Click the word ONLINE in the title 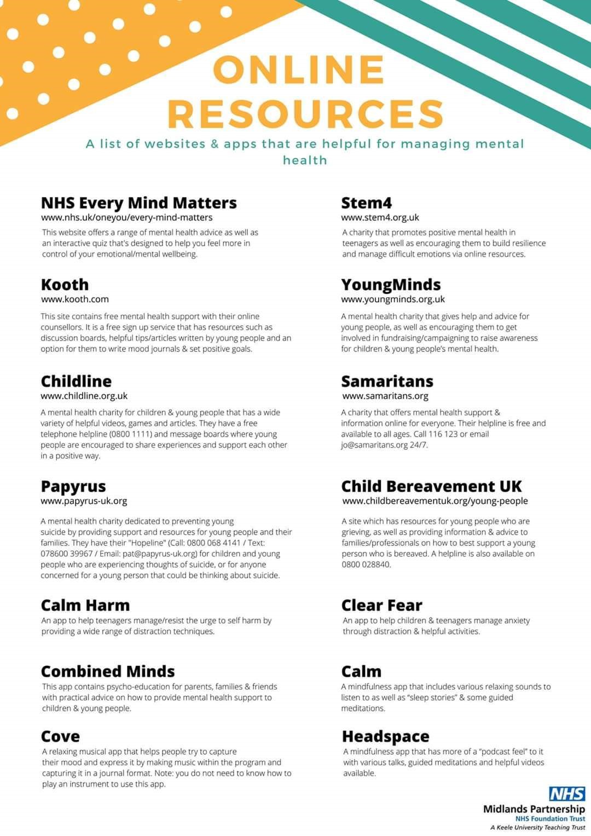point(298,70)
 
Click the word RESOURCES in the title point(305,113)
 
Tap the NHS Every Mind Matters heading point(139,203)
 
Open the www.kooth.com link point(75,299)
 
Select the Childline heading point(76,381)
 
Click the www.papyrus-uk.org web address point(84,501)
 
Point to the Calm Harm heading point(85,605)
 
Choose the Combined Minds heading point(108,671)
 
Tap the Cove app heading point(60,736)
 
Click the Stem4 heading point(367,203)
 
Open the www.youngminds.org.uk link point(393,299)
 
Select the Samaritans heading point(387,381)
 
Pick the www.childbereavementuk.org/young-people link point(435,501)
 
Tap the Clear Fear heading point(382,605)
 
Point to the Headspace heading point(386,736)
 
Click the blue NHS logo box point(567,794)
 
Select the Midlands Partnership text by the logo point(534,809)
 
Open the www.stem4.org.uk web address point(380,217)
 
